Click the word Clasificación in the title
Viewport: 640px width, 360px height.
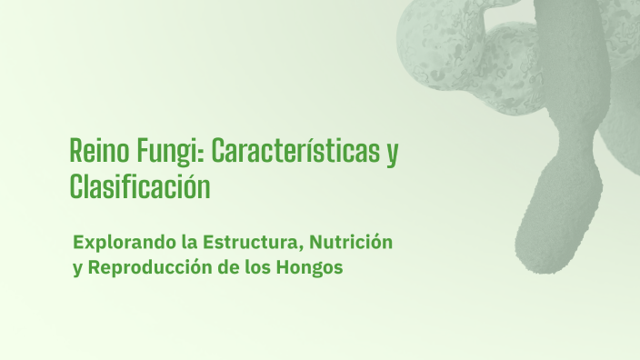[x=140, y=187]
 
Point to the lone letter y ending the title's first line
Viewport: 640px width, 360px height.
[x=392, y=154]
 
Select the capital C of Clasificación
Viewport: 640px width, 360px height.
[x=77, y=187]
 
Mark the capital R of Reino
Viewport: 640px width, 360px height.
[x=77, y=151]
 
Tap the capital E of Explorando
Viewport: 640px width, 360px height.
[x=80, y=243]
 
